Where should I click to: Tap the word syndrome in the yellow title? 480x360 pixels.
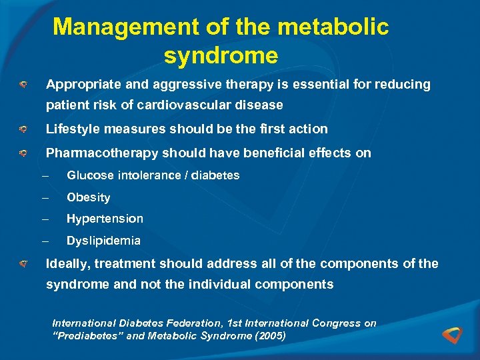click(221, 56)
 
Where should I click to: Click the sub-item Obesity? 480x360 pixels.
click(89, 197)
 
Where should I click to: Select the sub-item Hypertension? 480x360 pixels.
click(105, 219)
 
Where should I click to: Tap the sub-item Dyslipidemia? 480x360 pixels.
click(103, 241)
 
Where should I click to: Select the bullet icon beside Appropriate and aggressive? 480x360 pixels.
click(22, 85)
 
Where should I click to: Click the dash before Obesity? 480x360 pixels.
click(45, 197)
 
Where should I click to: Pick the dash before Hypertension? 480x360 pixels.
click(45, 219)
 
